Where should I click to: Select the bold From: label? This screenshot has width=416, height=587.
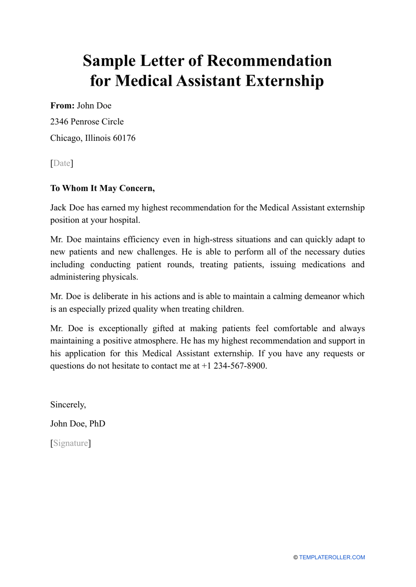click(x=62, y=106)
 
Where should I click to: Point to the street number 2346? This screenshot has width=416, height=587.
click(x=59, y=122)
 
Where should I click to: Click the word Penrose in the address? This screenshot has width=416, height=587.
click(x=85, y=122)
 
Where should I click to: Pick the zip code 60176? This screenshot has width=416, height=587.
click(x=124, y=138)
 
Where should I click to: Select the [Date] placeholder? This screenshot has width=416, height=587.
click(x=62, y=163)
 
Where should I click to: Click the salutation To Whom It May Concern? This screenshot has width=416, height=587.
click(x=102, y=189)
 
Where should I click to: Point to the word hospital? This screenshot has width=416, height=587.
click(x=125, y=220)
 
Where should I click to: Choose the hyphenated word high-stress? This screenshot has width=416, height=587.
click(x=214, y=240)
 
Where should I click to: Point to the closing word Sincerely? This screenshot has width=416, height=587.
click(x=68, y=405)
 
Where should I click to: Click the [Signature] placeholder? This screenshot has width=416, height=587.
click(x=71, y=443)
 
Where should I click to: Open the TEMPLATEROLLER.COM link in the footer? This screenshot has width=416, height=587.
click(x=332, y=557)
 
